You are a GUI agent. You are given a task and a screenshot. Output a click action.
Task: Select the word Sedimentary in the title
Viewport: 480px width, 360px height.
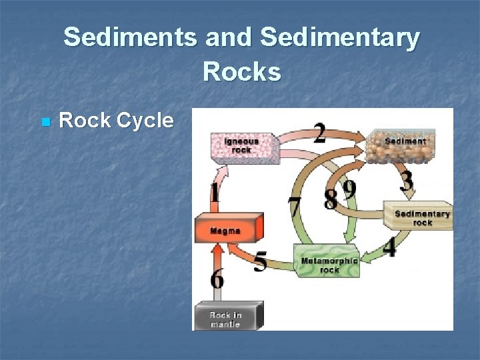(x=341, y=39)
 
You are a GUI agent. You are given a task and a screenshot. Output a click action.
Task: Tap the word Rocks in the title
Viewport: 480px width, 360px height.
(x=242, y=71)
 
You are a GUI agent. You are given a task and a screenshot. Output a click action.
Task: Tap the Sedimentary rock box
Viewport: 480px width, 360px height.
(x=421, y=216)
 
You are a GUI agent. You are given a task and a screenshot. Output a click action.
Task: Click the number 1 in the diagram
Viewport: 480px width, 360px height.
(x=215, y=194)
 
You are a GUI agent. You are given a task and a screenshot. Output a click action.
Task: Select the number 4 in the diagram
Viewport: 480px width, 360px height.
(x=389, y=247)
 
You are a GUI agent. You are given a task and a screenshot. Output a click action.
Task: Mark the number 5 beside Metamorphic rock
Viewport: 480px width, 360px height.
(x=261, y=261)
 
